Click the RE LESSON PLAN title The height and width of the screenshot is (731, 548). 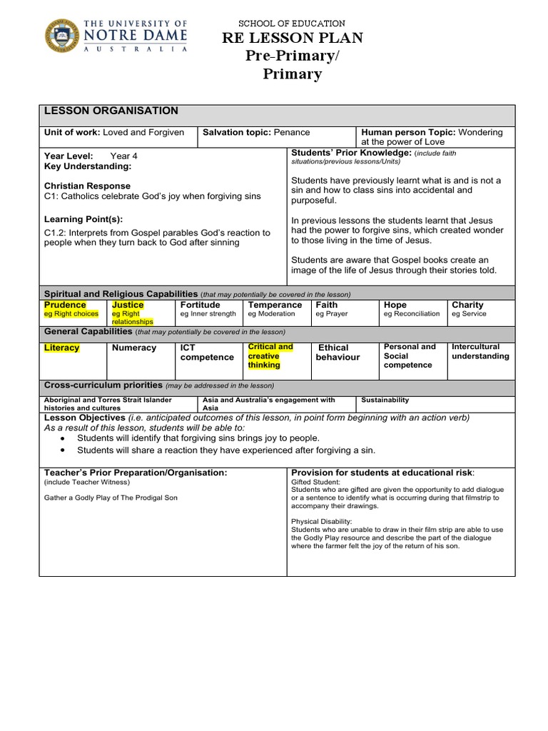pos(292,39)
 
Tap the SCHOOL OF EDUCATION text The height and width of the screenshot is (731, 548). pos(292,24)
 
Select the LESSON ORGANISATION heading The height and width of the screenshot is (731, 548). pos(111,111)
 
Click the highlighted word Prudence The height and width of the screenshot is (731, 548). pos(65,305)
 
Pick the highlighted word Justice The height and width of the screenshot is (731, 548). pos(128,305)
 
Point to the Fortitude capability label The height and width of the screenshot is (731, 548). pos(201,305)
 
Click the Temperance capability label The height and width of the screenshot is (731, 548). pos(275,305)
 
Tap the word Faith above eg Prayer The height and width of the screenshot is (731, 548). pos(327,305)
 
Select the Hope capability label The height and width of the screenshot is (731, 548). pos(395,305)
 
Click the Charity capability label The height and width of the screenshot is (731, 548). pos(467,305)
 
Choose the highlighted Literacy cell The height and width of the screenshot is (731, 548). pos(62,348)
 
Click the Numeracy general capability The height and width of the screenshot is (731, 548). pos(133,348)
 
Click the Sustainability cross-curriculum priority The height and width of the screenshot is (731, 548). pos(385,400)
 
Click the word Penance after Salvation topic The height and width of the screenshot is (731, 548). pos(291,133)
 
